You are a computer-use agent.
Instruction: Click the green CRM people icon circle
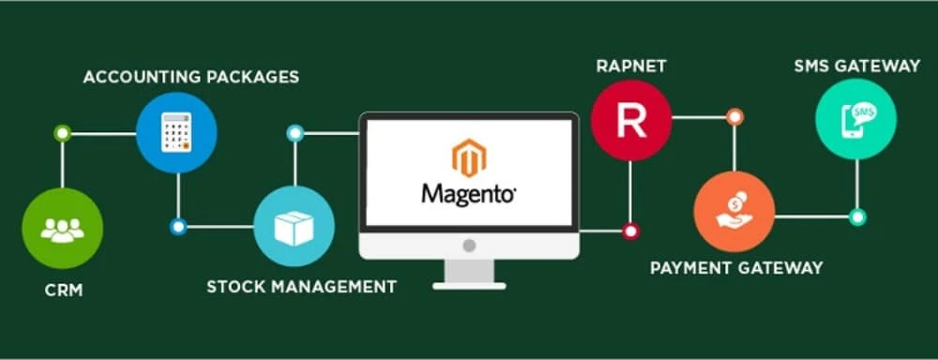62,229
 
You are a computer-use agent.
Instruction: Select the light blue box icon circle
295,226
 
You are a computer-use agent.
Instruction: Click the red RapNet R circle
631,118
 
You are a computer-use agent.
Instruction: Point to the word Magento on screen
469,194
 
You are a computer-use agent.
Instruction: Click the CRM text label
63,291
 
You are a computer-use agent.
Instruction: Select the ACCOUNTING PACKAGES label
191,77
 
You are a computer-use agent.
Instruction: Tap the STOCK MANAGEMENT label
301,285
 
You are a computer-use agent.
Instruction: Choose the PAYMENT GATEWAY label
736,268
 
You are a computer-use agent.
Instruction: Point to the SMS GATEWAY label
856,67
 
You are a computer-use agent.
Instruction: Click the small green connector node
63,133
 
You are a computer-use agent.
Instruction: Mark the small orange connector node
734,117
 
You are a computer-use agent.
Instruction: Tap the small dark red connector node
631,230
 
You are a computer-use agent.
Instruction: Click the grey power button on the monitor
469,246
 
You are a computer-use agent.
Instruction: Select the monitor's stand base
469,284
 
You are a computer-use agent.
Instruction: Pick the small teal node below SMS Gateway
856,217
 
